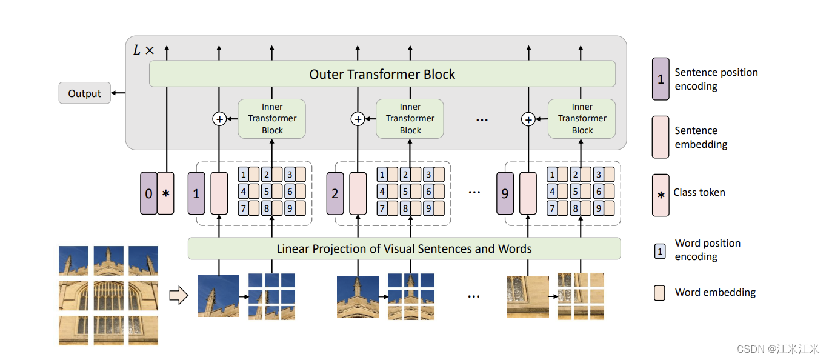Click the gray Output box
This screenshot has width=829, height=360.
84,93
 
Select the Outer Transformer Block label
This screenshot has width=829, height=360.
382,75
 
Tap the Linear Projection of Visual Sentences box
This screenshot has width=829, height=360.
404,248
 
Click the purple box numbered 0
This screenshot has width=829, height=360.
148,193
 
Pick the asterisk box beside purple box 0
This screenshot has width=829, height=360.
165,193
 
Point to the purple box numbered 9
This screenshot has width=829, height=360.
504,193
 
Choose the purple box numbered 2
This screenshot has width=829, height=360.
335,193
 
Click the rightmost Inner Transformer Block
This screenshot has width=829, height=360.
582,119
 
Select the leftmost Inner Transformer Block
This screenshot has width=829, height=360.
272,119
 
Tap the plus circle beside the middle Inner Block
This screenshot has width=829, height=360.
358,119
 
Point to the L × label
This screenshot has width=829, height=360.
144,50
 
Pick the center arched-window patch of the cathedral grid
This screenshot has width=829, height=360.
108,295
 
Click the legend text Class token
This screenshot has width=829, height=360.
699,192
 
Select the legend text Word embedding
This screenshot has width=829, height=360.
715,292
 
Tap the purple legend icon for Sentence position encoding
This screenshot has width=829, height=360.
661,79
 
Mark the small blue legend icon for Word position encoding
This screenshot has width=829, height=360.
660,250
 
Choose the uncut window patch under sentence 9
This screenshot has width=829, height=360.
527,296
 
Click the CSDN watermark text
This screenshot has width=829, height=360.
777,349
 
